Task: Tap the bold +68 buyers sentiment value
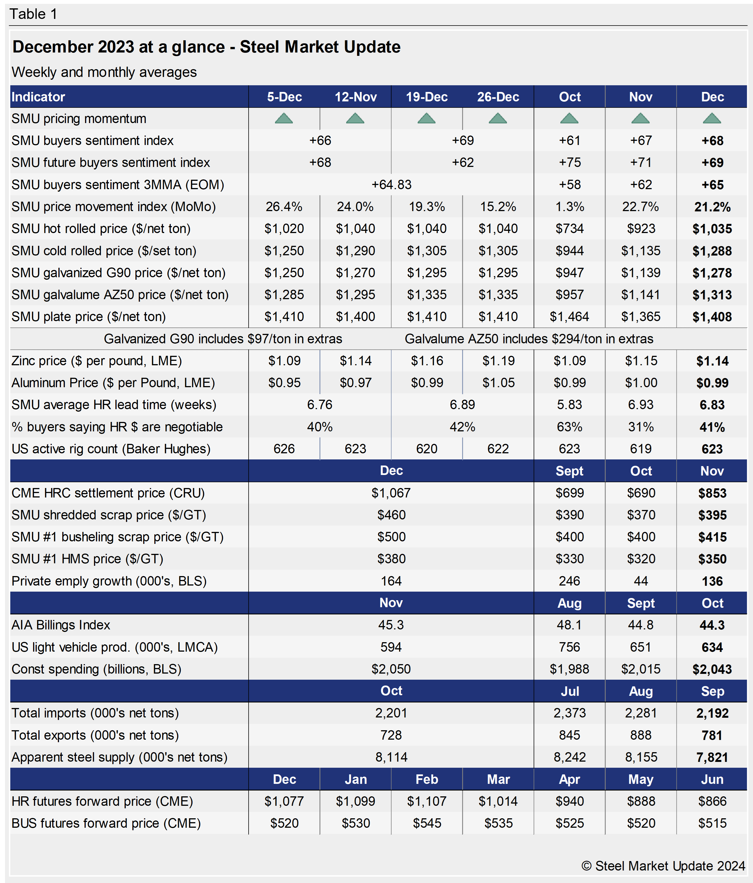pyautogui.click(x=712, y=141)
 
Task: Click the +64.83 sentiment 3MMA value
pyautogui.click(x=391, y=184)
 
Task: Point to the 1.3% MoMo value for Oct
pyautogui.click(x=569, y=207)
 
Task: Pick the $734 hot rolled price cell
pyautogui.click(x=569, y=229)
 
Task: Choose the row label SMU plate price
pyautogui.click(x=88, y=317)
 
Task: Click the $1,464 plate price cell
pyautogui.click(x=569, y=317)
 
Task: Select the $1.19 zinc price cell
pyautogui.click(x=498, y=361)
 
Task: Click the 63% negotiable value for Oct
pyautogui.click(x=569, y=427)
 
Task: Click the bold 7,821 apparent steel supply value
pyautogui.click(x=712, y=757)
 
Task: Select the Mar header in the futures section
pyautogui.click(x=498, y=779)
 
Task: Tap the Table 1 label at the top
pyautogui.click(x=33, y=14)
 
